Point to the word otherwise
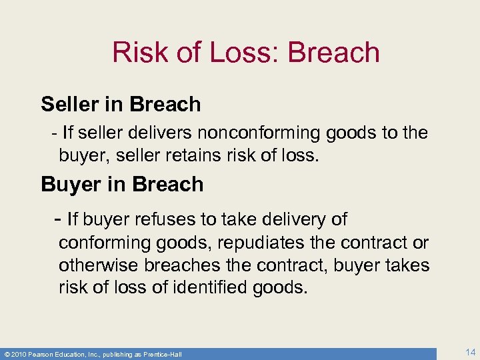(95, 265)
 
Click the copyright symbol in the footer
(5, 353)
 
